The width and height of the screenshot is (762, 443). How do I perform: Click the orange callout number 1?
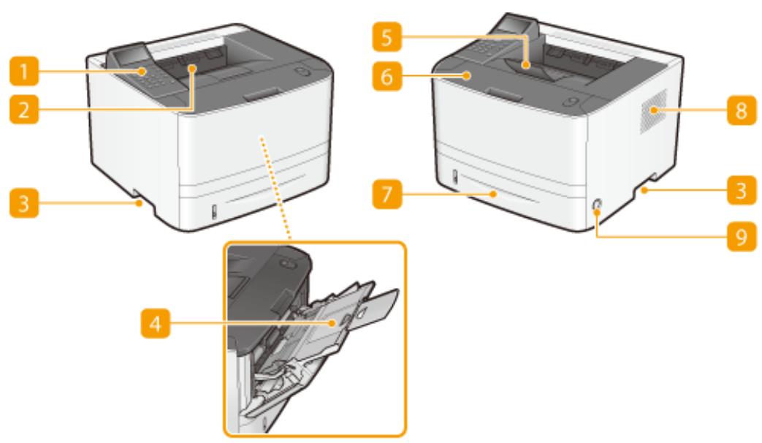pyautogui.click(x=24, y=71)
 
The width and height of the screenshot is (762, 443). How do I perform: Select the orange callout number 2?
pyautogui.click(x=24, y=110)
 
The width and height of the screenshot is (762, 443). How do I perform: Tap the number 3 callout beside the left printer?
pyautogui.click(x=24, y=202)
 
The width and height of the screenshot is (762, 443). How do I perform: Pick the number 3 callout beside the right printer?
pyautogui.click(x=742, y=189)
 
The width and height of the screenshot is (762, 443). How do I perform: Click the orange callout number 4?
pyautogui.click(x=156, y=322)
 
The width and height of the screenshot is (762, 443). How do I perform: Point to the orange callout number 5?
pyautogui.click(x=386, y=37)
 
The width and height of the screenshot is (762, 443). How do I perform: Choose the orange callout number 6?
pyautogui.click(x=386, y=76)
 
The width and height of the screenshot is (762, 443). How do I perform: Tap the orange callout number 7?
pyautogui.click(x=386, y=194)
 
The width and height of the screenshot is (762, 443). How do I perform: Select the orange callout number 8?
pyautogui.click(x=742, y=110)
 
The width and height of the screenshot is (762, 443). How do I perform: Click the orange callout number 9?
pyautogui.click(x=742, y=236)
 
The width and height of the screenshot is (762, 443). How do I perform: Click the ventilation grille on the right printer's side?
pyautogui.click(x=652, y=111)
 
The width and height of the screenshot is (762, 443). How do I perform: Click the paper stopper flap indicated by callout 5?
pyautogui.click(x=532, y=67)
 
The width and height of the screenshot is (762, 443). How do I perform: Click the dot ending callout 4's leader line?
pyautogui.click(x=332, y=322)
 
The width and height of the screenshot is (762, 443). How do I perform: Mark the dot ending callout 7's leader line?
pyautogui.click(x=494, y=194)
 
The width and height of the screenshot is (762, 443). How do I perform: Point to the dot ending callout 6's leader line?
pyautogui.click(x=467, y=75)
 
